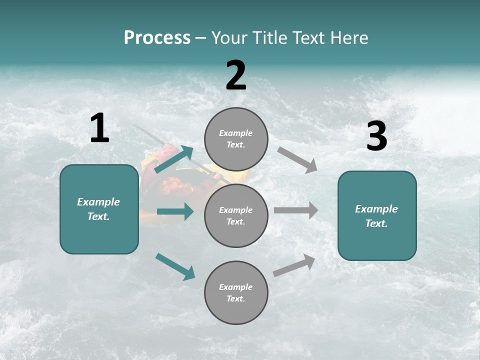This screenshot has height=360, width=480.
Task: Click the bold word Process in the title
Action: point(157,38)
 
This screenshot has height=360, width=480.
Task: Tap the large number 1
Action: point(99,128)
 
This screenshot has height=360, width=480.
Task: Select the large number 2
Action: point(236,75)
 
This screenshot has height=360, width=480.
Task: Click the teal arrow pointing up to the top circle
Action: point(173,159)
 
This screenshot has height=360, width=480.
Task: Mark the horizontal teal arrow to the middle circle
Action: point(175,211)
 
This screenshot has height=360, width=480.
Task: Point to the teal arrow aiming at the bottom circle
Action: point(175,266)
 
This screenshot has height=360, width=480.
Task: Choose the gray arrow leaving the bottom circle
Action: point(294,265)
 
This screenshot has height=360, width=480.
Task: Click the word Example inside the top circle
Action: point(236,133)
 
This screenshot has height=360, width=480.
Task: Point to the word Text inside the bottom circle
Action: point(235,298)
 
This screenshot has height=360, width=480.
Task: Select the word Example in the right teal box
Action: point(376,209)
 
